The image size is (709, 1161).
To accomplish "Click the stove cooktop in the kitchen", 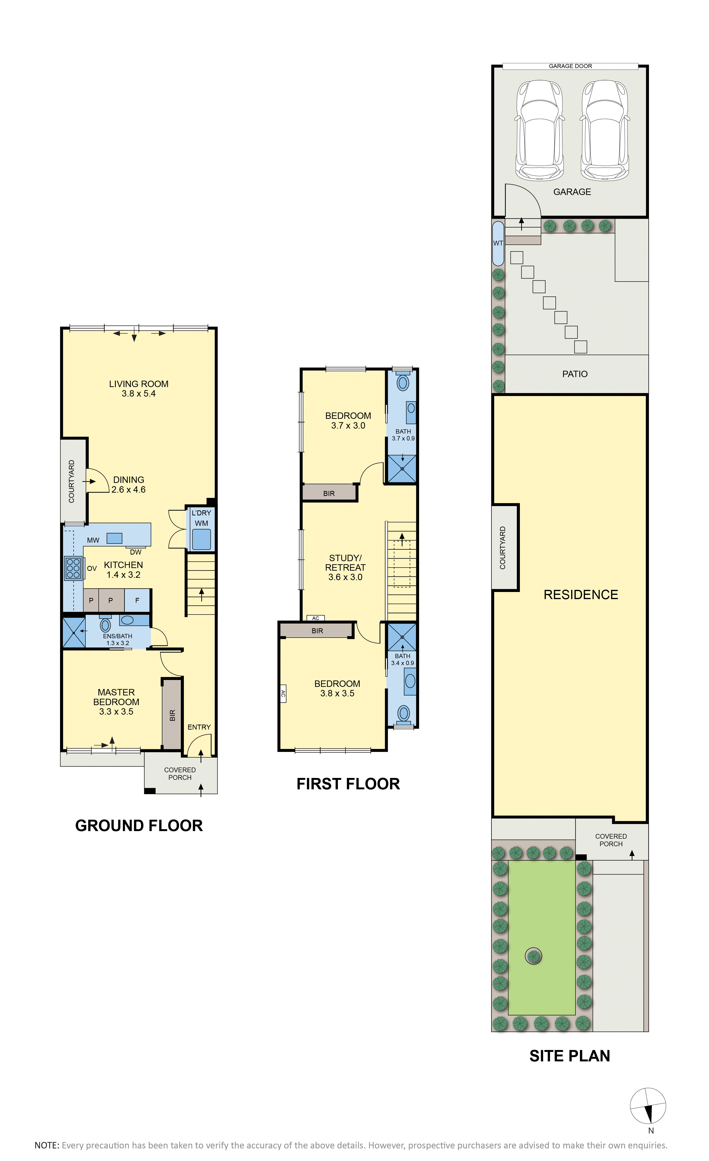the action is (x=73, y=568).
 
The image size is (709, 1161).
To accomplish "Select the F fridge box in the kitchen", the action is (x=137, y=600).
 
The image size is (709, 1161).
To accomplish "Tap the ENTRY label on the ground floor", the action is (x=199, y=727).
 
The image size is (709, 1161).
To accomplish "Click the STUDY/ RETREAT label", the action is (x=345, y=563).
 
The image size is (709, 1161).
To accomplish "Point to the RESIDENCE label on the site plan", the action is (x=581, y=595).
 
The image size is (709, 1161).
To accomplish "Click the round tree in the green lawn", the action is (x=533, y=956).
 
